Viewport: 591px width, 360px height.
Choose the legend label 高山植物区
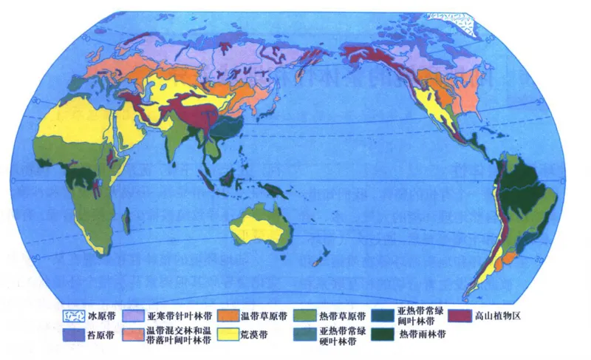[502, 316]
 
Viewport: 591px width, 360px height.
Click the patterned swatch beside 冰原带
[74, 316]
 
